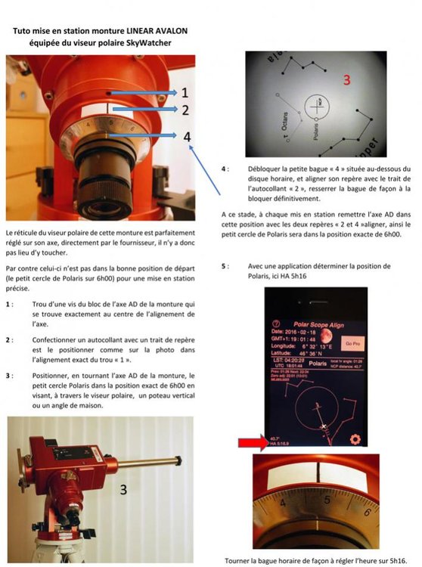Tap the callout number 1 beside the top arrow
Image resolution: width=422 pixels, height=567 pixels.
pos(183,91)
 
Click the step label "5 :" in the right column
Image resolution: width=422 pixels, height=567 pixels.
pos(226,267)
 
